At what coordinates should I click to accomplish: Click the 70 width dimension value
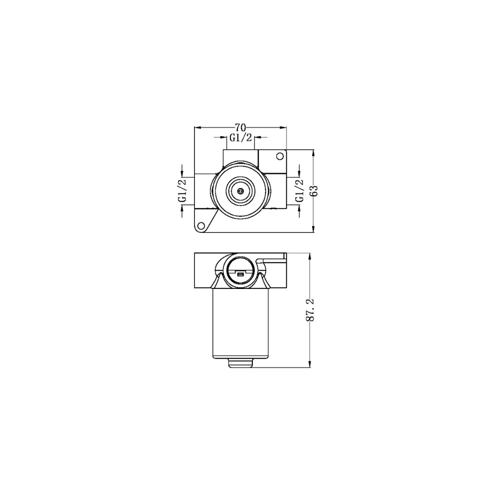(241, 127)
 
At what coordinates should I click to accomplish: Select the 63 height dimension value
(314, 190)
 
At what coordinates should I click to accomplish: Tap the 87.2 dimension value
(310, 310)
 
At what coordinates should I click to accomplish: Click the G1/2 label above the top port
(241, 137)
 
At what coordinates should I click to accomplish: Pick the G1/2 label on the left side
(182, 191)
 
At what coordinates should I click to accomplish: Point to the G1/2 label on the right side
(299, 191)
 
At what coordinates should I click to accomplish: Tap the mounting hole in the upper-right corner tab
(280, 157)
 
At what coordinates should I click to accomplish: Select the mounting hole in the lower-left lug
(200, 226)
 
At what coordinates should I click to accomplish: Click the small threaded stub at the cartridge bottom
(240, 362)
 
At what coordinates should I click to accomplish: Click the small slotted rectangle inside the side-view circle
(240, 275)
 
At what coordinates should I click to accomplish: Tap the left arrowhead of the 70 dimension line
(198, 127)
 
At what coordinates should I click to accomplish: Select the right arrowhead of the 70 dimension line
(283, 127)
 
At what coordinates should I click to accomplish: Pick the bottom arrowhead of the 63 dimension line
(314, 229)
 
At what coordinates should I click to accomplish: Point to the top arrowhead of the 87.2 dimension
(310, 256)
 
